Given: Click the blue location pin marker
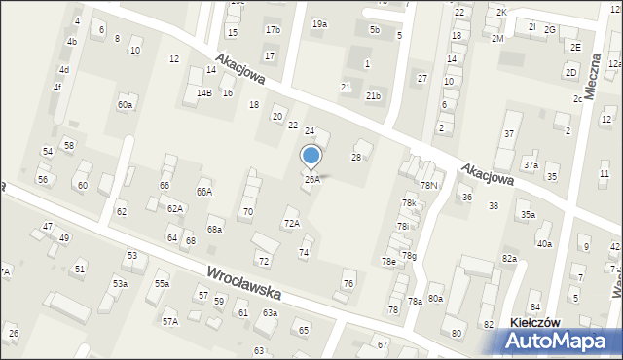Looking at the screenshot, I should [x=311, y=156].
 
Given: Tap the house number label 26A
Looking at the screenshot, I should [x=311, y=179].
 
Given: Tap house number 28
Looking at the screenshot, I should [x=356, y=157].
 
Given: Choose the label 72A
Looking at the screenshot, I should [x=292, y=223].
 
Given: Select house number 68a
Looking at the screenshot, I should [x=214, y=230].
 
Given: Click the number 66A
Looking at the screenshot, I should [x=204, y=193].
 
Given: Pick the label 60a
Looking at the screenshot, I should [x=125, y=104].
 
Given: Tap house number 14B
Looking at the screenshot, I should [x=203, y=92].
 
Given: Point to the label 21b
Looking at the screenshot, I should [x=373, y=96].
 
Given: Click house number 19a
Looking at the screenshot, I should [x=319, y=23].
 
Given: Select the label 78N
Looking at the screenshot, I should [x=428, y=185].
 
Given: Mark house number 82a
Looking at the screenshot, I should [x=509, y=258].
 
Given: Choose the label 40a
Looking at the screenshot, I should [x=544, y=244].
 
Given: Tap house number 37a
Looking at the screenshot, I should [x=531, y=165].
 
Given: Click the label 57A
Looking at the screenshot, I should [x=169, y=320].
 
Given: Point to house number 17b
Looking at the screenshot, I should [x=273, y=30].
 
